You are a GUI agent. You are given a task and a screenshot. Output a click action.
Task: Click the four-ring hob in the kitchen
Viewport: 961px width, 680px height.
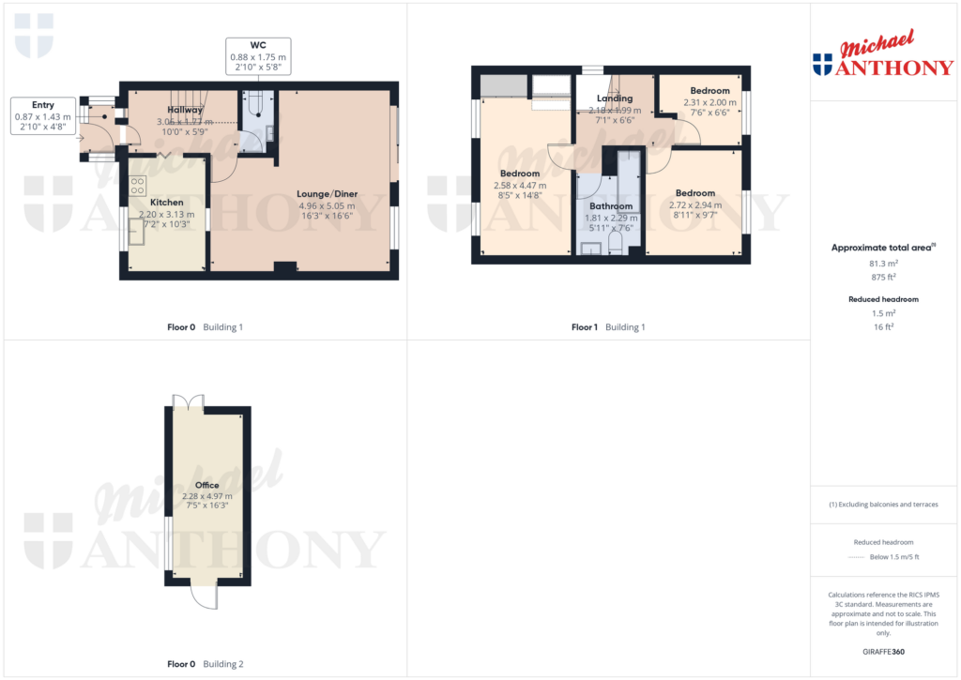(137, 185)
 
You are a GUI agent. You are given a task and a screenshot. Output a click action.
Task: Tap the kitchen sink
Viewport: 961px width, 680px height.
(138, 233)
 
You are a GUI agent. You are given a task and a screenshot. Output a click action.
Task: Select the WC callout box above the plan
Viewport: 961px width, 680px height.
(258, 57)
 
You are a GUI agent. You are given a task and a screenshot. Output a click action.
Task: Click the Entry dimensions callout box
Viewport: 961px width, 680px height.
(43, 116)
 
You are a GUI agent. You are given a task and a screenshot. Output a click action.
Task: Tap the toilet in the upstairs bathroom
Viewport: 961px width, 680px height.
(616, 243)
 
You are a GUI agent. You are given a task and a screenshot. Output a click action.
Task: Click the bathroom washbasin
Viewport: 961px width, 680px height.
(591, 248)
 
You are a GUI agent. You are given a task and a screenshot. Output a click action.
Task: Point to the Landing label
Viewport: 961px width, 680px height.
(615, 98)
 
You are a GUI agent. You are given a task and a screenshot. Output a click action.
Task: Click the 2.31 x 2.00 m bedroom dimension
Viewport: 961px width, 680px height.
(710, 103)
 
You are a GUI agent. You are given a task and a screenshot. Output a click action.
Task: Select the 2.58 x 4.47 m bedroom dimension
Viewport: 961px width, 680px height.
(520, 186)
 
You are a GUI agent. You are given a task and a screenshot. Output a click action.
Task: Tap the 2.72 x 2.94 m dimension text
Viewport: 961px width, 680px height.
(695, 204)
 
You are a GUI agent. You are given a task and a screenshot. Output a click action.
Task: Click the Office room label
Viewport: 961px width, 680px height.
(206, 485)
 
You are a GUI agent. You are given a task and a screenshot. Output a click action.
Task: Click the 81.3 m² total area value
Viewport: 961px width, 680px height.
(883, 264)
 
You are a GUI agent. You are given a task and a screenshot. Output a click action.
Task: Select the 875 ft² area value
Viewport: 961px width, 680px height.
(883, 277)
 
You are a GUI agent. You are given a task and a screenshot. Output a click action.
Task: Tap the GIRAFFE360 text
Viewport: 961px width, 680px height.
(882, 651)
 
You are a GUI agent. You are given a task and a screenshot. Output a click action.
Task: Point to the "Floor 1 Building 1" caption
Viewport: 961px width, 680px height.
(608, 327)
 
